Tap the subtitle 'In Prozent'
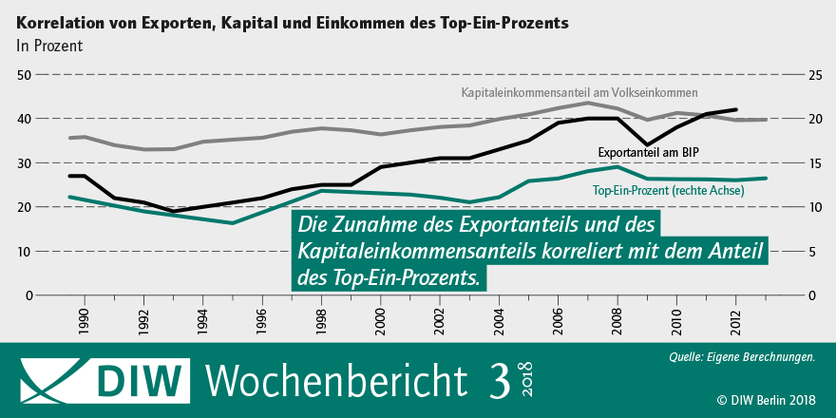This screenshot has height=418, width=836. tap(49, 45)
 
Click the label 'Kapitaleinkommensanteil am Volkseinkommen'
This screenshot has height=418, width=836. tap(579, 93)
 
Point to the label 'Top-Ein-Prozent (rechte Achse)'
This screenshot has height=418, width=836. tap(669, 191)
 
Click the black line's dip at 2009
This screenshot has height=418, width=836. tap(647, 145)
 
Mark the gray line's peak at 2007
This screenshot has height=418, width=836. tap(588, 103)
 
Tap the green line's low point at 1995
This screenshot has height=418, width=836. tap(232, 223)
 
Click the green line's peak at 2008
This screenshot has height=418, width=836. tap(617, 167)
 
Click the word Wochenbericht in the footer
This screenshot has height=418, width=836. tap(336, 380)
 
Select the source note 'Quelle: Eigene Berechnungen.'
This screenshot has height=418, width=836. tap(742, 358)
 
